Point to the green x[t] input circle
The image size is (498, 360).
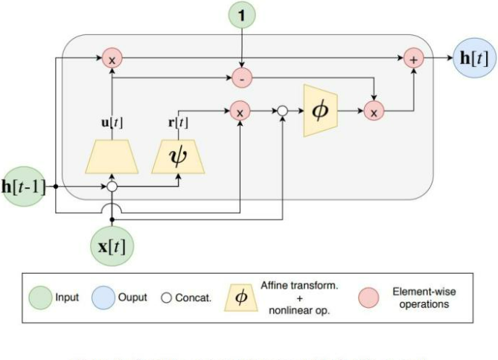[112, 243]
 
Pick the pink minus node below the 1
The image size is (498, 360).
[240, 77]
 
